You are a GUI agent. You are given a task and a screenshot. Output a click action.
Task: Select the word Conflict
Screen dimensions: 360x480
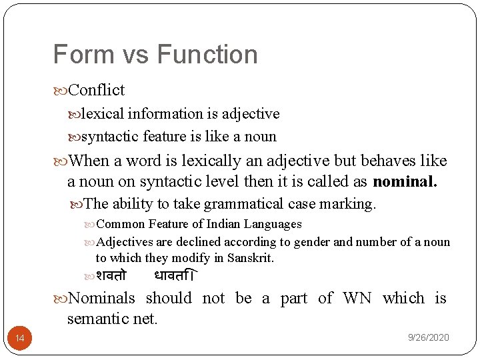click(x=96, y=90)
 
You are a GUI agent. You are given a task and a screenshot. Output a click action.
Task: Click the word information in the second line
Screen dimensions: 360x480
click(x=165, y=114)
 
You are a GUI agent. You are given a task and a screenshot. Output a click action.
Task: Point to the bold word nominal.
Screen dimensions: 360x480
click(x=405, y=181)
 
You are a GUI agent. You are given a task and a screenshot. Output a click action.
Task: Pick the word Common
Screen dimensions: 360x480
click(x=121, y=225)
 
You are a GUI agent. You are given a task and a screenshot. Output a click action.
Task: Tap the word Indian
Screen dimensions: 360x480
click(x=210, y=225)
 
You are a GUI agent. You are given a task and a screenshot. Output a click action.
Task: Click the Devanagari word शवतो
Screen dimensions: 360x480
click(x=111, y=275)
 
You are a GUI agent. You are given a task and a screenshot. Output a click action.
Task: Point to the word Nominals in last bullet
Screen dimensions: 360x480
click(x=101, y=299)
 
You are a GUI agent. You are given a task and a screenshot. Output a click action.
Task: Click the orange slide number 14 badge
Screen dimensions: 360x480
click(x=20, y=339)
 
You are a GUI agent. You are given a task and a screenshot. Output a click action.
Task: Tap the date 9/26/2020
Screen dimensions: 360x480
click(x=429, y=338)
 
